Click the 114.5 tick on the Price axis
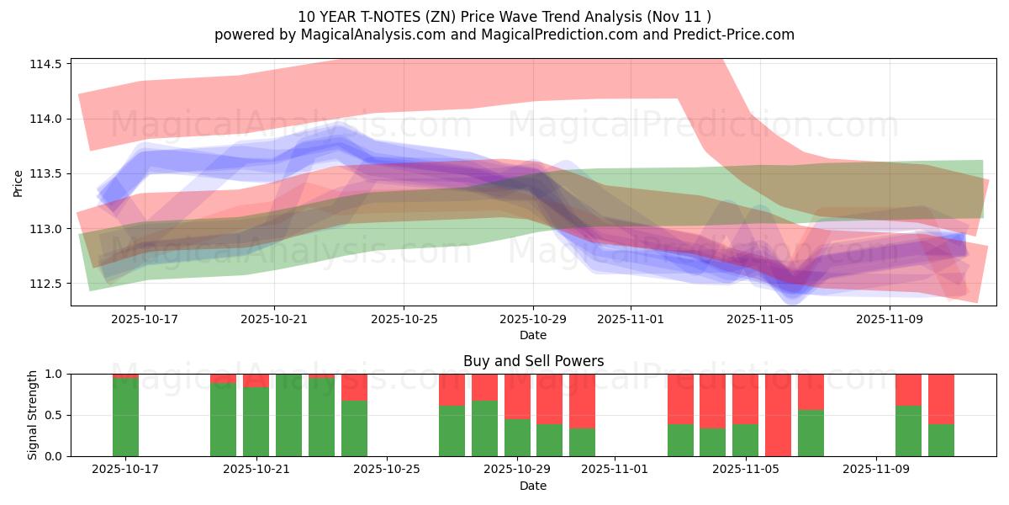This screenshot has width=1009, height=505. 48,64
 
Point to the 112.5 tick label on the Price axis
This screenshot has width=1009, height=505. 48,284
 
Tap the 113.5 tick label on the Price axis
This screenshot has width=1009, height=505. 48,174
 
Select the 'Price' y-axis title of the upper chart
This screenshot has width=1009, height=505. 18,183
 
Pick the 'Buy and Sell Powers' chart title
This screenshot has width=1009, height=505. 533,361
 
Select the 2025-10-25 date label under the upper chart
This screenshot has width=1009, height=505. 404,320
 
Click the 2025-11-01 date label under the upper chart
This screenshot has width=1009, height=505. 631,320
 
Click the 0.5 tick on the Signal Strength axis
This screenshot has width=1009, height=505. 54,415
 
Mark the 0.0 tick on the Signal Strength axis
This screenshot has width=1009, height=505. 54,456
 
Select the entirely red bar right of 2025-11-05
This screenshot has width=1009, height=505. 778,415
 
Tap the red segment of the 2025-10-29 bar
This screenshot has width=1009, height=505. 517,396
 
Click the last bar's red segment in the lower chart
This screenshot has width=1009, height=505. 941,398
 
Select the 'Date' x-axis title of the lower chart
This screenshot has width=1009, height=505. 533,486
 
